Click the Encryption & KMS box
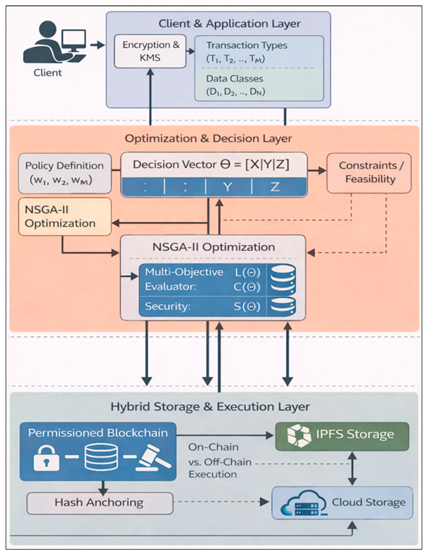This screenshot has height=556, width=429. (x=150, y=51)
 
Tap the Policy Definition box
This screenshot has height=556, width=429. (x=65, y=173)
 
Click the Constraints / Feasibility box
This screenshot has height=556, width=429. (x=369, y=173)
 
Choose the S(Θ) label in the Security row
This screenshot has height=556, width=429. (x=247, y=306)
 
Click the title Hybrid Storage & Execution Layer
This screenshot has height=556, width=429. (x=210, y=406)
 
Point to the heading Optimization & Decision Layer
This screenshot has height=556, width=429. (x=208, y=139)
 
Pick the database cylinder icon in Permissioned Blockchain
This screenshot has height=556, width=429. (x=101, y=457)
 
